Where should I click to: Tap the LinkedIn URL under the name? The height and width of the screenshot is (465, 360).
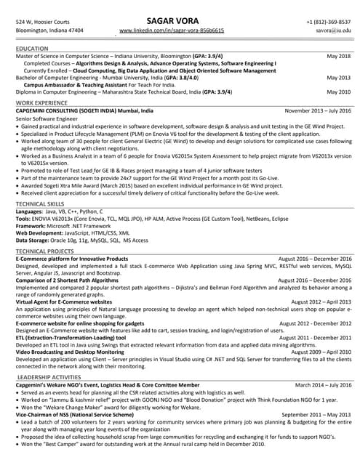pyautogui.click(x=172, y=31)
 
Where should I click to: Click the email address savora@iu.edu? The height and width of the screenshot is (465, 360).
pyautogui.click(x=334, y=31)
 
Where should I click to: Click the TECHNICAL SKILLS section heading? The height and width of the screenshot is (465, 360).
pyautogui.click(x=40, y=205)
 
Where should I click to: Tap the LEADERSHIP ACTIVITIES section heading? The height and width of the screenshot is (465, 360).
pyautogui.click(x=49, y=377)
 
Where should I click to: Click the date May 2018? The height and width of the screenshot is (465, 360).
pyautogui.click(x=338, y=56)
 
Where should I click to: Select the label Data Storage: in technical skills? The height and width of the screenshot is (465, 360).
pyautogui.click(x=36, y=240)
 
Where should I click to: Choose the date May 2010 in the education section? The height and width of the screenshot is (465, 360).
pyautogui.click(x=338, y=92)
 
